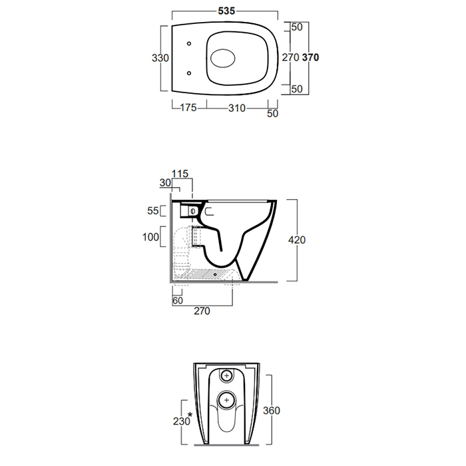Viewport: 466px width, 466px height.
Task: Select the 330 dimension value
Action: (x=160, y=58)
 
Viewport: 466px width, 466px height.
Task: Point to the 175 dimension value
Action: (x=188, y=109)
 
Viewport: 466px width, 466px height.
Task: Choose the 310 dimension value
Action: (x=237, y=109)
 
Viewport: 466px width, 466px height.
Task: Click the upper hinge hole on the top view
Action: (x=190, y=45)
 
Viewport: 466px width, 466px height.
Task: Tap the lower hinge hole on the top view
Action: (x=190, y=73)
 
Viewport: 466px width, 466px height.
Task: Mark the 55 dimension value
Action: (x=153, y=211)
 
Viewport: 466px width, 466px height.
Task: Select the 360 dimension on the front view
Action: (x=271, y=410)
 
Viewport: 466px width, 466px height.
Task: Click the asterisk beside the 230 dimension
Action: (x=190, y=415)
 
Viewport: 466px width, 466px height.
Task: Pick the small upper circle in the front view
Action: (x=228, y=376)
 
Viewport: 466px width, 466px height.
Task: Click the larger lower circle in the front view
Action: (x=227, y=400)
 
